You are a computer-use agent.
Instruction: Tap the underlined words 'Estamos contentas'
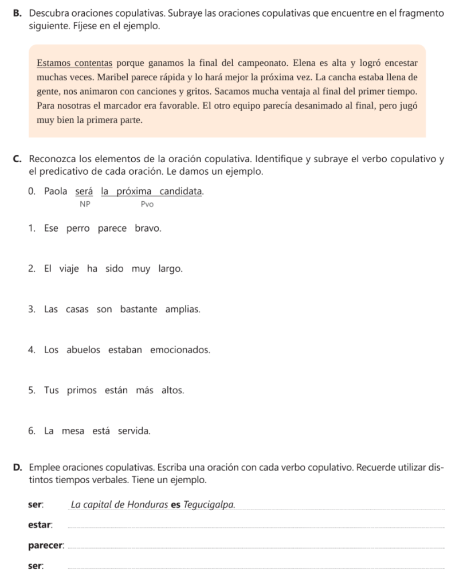(x=73, y=62)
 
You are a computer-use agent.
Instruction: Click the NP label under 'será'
(x=85, y=204)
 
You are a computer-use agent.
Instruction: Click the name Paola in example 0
(x=56, y=191)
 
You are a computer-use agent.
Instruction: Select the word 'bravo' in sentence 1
(x=148, y=228)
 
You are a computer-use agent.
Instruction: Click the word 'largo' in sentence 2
(x=171, y=269)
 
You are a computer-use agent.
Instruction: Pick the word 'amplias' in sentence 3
(x=183, y=310)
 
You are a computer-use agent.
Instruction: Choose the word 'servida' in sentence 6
(x=134, y=431)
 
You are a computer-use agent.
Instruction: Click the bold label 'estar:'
(x=40, y=525)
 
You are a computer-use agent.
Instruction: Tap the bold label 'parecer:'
(x=46, y=546)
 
